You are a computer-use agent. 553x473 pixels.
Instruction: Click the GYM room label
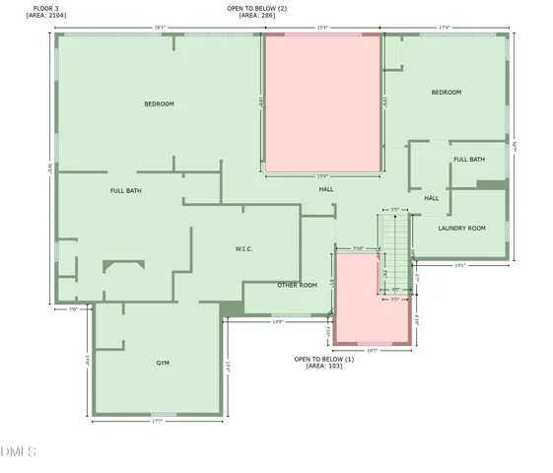[x=163, y=363]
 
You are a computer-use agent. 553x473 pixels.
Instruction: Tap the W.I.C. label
[x=244, y=248]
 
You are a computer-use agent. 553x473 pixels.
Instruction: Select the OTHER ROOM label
[x=297, y=285]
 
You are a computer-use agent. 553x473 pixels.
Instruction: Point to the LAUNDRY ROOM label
[x=462, y=228]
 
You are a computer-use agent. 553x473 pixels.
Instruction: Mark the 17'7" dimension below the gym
[x=157, y=422]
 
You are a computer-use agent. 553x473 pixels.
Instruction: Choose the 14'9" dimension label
[x=277, y=321]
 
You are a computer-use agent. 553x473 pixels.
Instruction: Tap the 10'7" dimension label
[x=372, y=350]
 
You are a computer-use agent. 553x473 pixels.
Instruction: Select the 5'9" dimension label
[x=72, y=308]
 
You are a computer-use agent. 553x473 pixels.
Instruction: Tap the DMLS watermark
[x=19, y=451]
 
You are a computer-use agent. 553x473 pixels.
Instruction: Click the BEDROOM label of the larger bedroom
[x=159, y=104]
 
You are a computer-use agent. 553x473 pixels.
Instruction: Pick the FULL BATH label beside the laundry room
[x=468, y=160]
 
